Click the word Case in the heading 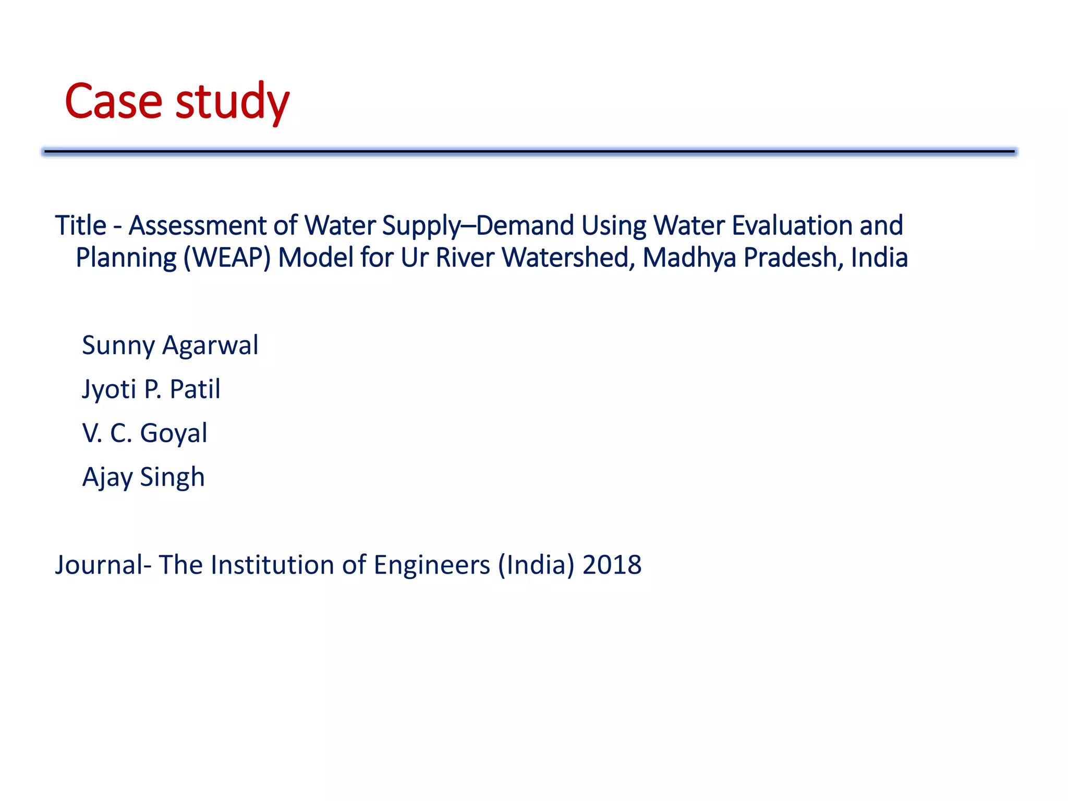(x=113, y=101)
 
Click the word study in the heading (x=232, y=102)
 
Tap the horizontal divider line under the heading (x=529, y=152)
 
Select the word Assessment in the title (x=198, y=226)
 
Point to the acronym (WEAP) (x=227, y=258)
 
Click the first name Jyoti (x=108, y=390)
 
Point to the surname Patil (x=195, y=389)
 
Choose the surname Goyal (x=174, y=433)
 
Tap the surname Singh (x=172, y=478)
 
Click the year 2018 (x=612, y=565)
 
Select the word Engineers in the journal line (x=432, y=565)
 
